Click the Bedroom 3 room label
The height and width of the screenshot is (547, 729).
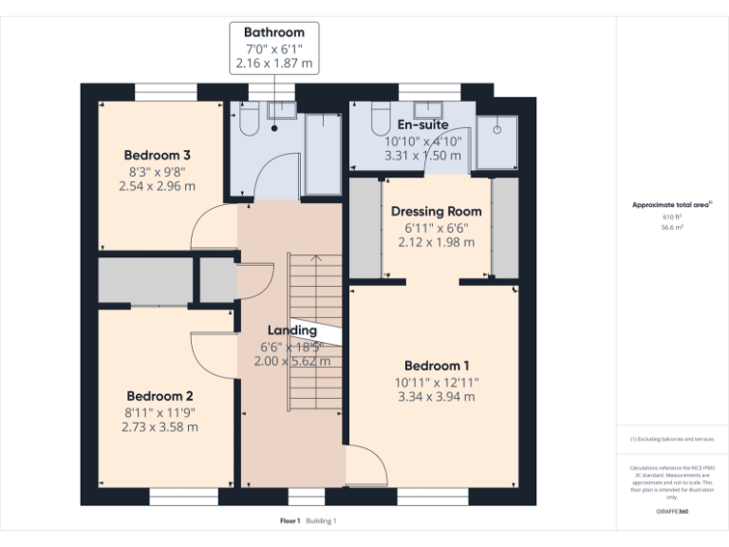tap(158, 155)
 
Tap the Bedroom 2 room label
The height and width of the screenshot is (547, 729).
tap(159, 395)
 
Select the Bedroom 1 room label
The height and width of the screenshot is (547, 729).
tap(437, 366)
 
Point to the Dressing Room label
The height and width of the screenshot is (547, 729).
tap(437, 212)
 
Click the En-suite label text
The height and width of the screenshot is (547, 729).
tap(422, 124)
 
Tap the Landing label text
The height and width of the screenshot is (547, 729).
tap(291, 330)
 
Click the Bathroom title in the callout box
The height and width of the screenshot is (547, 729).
tap(274, 32)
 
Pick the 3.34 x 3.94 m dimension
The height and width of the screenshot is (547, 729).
tap(437, 396)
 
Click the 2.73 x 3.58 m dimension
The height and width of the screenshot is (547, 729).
tap(159, 427)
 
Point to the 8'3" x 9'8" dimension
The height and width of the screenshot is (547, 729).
tap(158, 172)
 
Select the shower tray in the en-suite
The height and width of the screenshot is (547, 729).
tap(495, 141)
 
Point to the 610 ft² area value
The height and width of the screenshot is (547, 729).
tap(672, 217)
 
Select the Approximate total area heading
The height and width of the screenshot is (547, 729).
tap(672, 204)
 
